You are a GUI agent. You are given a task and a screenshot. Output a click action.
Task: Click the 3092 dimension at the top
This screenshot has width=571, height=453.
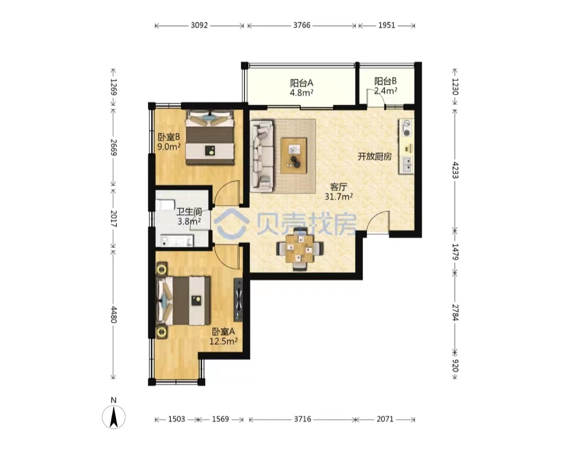[199, 25]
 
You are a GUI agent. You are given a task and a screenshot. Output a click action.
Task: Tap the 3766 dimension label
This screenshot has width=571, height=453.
[302, 25]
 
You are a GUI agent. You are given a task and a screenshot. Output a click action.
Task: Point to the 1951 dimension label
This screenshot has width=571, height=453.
[386, 25]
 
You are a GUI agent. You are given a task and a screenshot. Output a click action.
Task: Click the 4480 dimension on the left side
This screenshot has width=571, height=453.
[114, 315]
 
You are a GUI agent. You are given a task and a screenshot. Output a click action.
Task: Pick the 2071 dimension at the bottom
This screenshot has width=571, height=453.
[385, 419]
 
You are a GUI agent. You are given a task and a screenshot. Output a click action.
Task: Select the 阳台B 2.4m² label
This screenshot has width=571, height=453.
[385, 86]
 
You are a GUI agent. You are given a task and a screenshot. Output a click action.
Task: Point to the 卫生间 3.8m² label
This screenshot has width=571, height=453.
[189, 216]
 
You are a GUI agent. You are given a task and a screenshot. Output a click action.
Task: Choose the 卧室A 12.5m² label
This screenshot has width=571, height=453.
[223, 337]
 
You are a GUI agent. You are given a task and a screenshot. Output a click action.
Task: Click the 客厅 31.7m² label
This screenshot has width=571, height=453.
[338, 192]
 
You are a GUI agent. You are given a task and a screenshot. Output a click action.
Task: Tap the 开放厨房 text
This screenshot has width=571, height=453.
[374, 156]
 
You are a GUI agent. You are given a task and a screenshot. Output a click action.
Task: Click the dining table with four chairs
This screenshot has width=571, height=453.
[300, 249]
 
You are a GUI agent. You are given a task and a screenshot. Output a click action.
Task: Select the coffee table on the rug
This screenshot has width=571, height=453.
[293, 155]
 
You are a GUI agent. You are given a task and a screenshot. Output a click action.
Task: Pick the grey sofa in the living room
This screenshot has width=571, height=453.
[262, 156]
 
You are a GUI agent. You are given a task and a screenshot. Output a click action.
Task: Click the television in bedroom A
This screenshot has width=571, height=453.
[238, 300]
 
